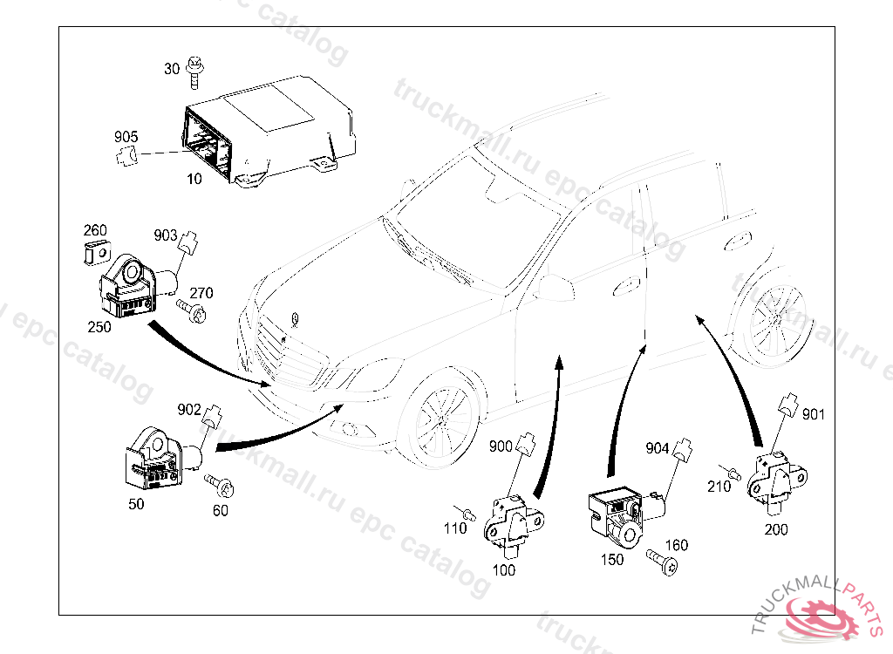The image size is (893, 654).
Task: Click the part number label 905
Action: (x=126, y=137)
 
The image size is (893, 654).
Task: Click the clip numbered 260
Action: (x=96, y=253)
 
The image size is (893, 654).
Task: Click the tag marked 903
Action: (x=165, y=235)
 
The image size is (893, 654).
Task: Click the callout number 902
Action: (x=188, y=409)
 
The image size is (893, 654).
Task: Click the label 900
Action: (x=501, y=446)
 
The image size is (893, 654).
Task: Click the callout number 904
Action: (x=657, y=448)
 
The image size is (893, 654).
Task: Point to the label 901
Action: (x=813, y=414)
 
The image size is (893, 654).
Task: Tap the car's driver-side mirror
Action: (x=553, y=287)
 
